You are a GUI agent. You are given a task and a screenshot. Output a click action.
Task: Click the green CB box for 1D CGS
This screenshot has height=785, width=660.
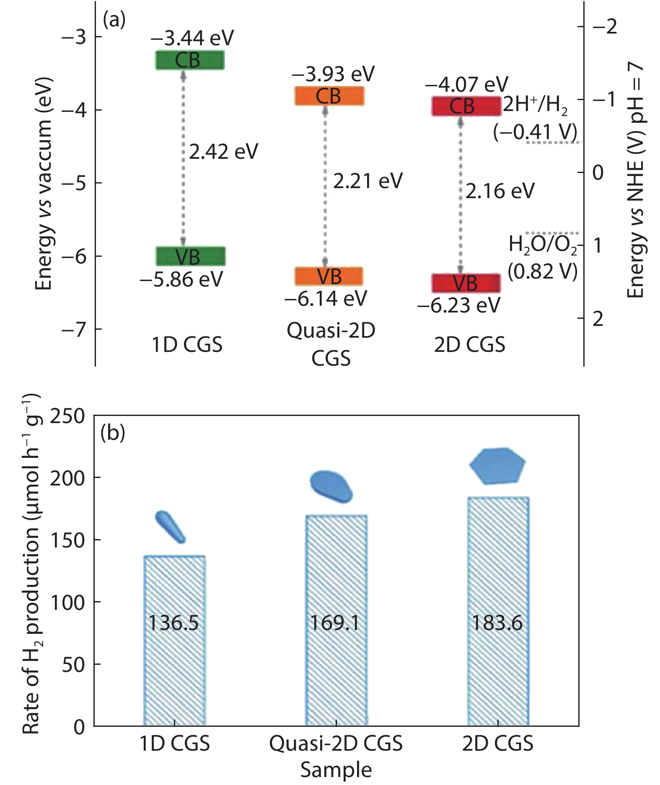click(x=189, y=60)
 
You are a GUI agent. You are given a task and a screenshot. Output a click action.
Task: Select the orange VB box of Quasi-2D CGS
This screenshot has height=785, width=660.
click(x=329, y=276)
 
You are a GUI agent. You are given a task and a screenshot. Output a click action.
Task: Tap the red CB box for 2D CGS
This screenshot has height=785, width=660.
click(x=466, y=106)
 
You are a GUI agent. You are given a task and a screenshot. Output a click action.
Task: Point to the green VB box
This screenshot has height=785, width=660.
click(x=191, y=256)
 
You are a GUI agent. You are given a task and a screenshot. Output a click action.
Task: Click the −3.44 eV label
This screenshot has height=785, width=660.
click(x=192, y=38)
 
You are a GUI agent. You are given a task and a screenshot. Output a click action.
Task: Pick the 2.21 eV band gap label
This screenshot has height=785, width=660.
click(x=368, y=181)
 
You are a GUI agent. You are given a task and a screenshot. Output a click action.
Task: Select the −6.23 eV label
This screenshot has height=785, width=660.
click(x=459, y=305)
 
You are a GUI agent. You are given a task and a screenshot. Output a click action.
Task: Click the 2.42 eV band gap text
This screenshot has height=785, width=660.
click(x=223, y=151)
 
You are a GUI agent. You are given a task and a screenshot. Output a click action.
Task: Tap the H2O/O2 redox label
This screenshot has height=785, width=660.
click(x=543, y=244)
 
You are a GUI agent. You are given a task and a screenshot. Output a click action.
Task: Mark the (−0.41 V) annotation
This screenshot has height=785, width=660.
click(x=535, y=132)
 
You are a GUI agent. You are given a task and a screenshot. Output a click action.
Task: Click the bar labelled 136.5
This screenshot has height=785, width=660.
click(x=174, y=641)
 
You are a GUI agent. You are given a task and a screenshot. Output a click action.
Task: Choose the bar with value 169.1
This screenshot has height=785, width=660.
click(x=336, y=620)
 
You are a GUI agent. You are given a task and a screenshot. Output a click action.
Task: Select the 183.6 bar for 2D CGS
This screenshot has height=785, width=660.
click(x=498, y=612)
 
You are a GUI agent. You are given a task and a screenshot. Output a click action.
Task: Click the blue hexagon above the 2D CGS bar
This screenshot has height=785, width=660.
click(x=497, y=466)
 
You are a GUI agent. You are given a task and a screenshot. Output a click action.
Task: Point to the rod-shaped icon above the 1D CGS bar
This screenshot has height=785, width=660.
click(x=170, y=527)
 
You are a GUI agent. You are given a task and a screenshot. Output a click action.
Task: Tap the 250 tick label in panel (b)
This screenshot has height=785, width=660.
click(x=67, y=416)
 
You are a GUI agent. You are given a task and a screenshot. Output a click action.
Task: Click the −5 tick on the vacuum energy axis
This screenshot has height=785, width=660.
click(x=74, y=183)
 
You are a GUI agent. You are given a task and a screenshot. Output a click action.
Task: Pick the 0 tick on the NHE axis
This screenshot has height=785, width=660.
click(x=598, y=173)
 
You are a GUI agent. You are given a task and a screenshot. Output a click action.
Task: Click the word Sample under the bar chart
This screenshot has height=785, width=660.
click(x=336, y=770)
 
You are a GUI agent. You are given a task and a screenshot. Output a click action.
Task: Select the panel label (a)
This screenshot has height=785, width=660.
click(x=114, y=20)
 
